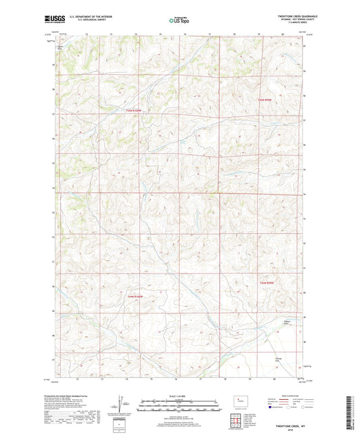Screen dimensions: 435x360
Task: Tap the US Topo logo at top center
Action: (x=178, y=21)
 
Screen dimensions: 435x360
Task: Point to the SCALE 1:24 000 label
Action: (x=179, y=396)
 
